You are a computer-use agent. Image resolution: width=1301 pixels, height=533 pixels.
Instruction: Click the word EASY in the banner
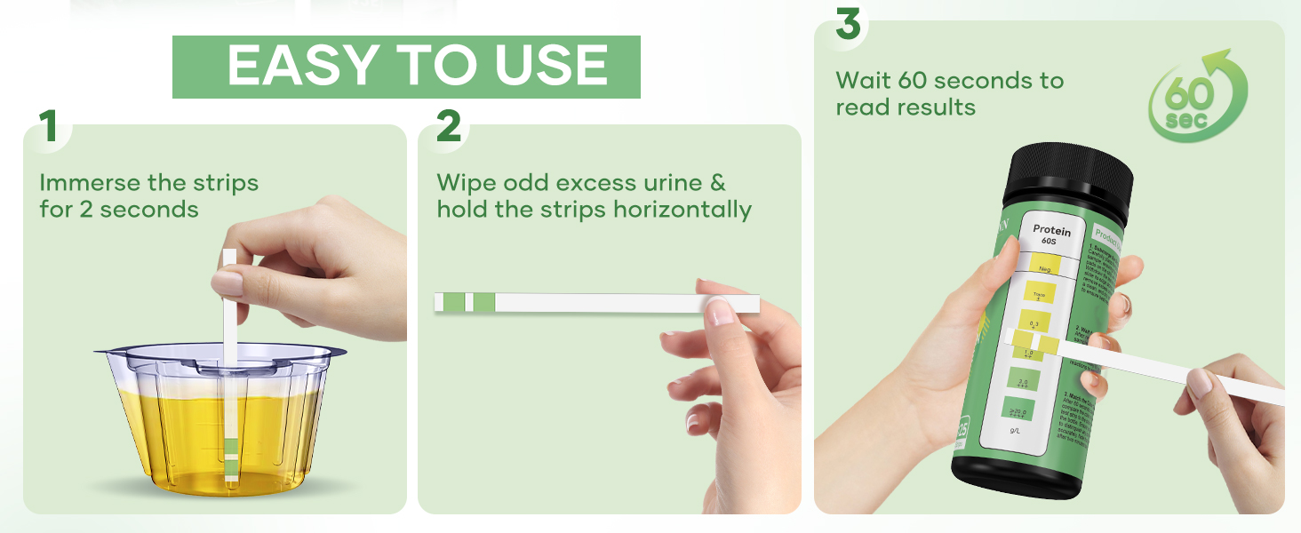pyautogui.click(x=303, y=66)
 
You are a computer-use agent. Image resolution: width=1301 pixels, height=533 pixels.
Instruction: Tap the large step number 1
pyautogui.click(x=48, y=127)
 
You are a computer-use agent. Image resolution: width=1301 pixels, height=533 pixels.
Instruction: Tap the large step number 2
pyautogui.click(x=449, y=127)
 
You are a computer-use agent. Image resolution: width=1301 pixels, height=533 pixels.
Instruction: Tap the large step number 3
pyautogui.click(x=848, y=24)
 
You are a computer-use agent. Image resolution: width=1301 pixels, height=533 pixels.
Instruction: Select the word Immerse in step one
pyautogui.click(x=90, y=183)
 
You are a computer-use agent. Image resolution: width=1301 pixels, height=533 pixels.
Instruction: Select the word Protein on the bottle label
pyautogui.click(x=1051, y=231)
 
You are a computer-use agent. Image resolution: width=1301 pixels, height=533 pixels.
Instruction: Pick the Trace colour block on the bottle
pyautogui.click(x=1039, y=294)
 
